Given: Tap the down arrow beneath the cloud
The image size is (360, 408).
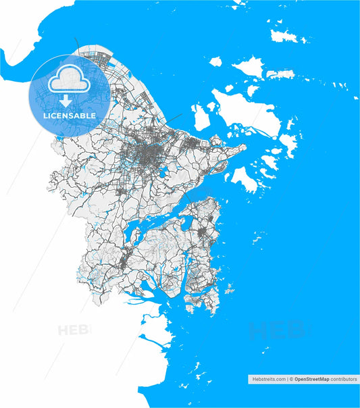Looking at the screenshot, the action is [x=66, y=101].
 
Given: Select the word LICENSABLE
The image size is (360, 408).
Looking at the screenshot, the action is [x=70, y=116].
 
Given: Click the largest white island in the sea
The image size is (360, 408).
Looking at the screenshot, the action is [x=248, y=111].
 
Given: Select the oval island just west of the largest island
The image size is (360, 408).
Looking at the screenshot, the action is [x=201, y=118].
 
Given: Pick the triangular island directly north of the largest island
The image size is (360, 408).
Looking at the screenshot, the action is [x=248, y=66].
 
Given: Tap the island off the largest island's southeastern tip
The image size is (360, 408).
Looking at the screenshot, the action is [x=288, y=144].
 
